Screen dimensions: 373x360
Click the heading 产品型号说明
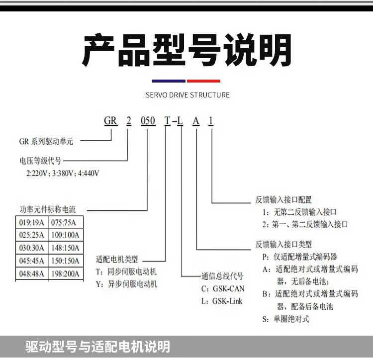(186, 51)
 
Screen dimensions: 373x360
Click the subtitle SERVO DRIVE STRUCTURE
(187, 95)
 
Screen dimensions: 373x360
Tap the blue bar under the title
(169, 81)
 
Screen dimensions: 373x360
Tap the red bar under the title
(203, 81)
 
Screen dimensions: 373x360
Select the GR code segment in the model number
(110, 120)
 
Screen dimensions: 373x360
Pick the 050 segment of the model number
(148, 120)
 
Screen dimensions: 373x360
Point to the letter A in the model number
(196, 120)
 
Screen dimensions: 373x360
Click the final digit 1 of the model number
(211, 120)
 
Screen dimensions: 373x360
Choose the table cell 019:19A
(31, 222)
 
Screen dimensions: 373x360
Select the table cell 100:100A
(66, 235)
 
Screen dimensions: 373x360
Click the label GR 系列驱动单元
(46, 141)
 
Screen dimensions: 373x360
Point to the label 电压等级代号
(40, 161)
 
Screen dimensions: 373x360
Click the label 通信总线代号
(222, 276)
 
